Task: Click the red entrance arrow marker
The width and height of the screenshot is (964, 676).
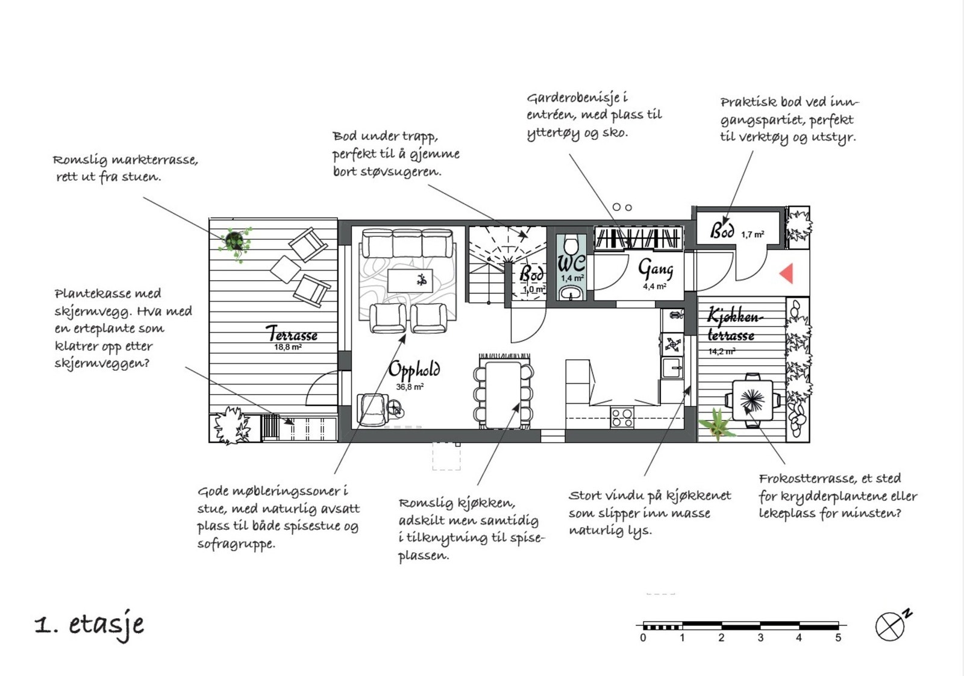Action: point(786,274)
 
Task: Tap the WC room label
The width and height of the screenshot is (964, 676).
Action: point(571,263)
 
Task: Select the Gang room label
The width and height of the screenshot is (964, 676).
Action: point(655,269)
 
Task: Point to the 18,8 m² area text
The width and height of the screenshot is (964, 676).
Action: point(288,347)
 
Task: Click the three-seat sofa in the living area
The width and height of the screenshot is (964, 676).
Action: point(407,243)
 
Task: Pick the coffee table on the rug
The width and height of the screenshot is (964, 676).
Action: point(410,281)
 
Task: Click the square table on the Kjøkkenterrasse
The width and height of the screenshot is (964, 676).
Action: point(753,400)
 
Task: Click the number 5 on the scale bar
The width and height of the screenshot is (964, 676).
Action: point(838,637)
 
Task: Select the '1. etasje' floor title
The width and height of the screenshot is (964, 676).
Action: point(90,626)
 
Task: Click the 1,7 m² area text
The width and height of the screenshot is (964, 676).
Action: point(753,234)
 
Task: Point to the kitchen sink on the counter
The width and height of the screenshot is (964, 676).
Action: point(672,368)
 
